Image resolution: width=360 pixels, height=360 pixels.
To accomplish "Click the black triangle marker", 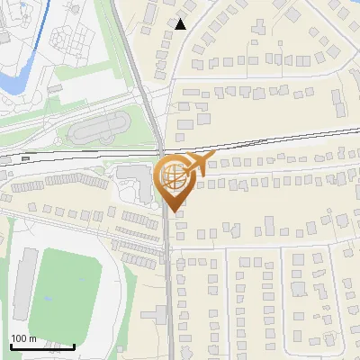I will click(181, 24).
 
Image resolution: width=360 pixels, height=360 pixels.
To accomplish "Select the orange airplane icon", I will click(198, 164).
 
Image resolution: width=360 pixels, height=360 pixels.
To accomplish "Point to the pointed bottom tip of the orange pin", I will click(173, 211).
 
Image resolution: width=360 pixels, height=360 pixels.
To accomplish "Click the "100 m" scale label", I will click(23, 338).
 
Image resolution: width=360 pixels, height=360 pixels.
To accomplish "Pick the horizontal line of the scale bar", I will click(42, 346).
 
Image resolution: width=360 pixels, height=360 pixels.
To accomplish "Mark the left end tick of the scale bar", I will click(11, 344).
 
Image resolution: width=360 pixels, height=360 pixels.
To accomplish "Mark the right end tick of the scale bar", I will click(74, 344).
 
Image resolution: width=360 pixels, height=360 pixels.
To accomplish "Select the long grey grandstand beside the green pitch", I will click(24, 283).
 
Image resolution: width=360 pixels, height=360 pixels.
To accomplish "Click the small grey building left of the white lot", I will click(55, 90).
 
